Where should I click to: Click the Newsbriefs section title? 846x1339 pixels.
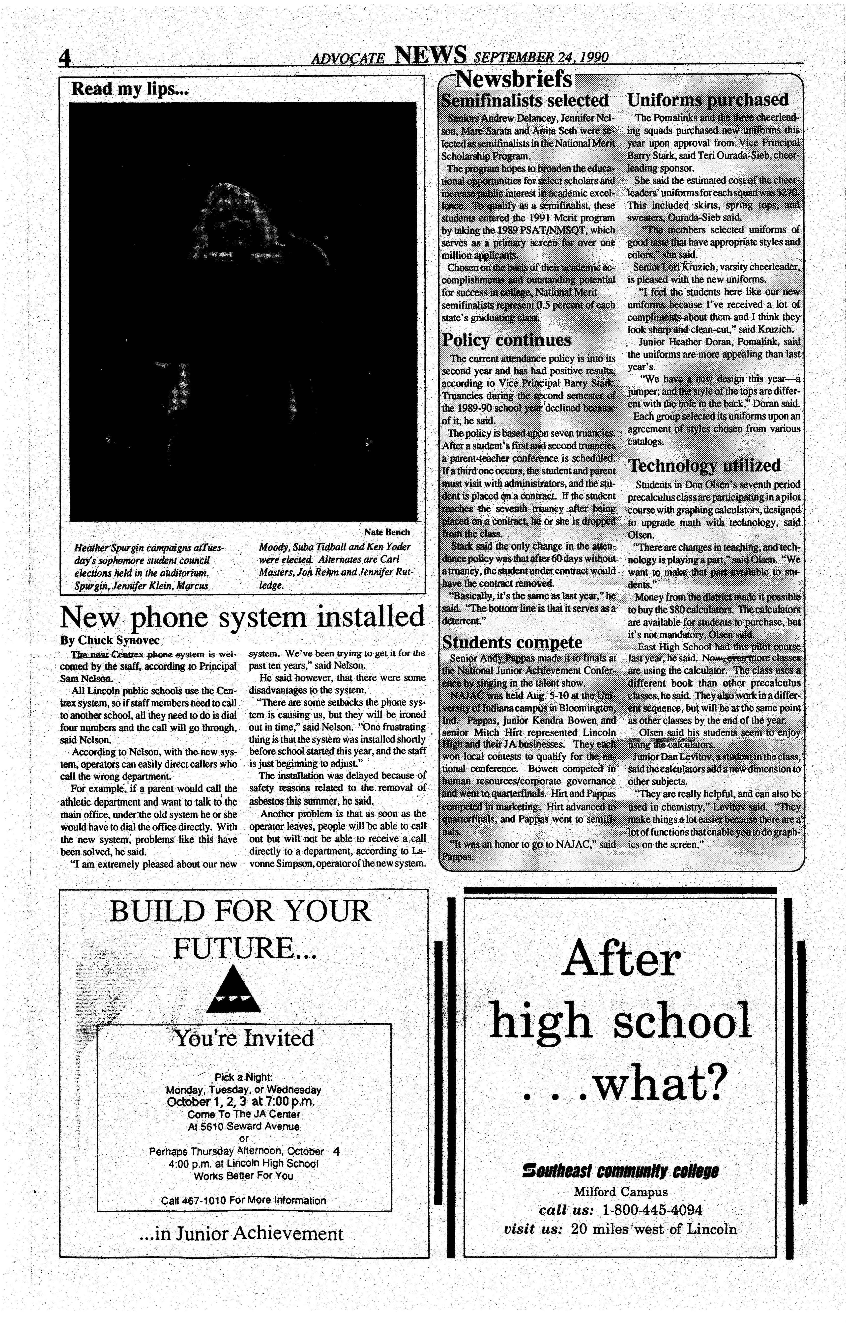[x=513, y=80]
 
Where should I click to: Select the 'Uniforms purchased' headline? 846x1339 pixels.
[x=707, y=100]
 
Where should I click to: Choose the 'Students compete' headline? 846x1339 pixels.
[x=512, y=642]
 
